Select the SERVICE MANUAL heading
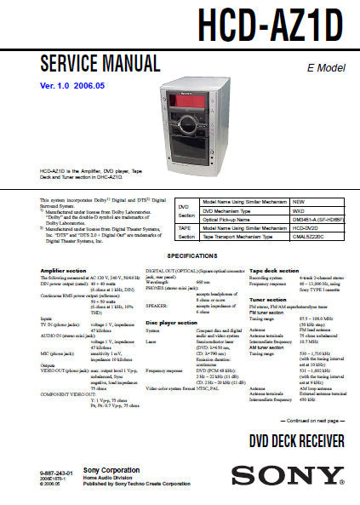[x=100, y=64]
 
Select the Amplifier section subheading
[x=63, y=271]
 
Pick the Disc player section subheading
[x=171, y=324]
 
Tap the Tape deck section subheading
[x=274, y=271]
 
